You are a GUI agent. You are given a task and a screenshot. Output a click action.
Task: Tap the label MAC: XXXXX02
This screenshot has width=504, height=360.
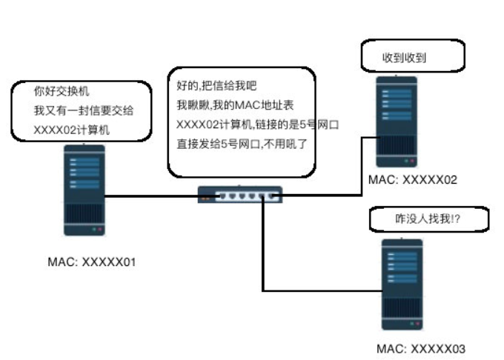tap(413, 180)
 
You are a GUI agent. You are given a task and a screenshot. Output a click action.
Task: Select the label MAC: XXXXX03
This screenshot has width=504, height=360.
tap(421, 348)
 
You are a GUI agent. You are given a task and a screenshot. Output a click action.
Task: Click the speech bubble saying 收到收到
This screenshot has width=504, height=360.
tap(411, 56)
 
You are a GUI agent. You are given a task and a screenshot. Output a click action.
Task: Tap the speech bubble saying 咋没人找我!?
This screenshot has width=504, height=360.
tap(420, 219)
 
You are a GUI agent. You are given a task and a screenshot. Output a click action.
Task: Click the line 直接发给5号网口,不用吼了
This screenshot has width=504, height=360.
tap(242, 143)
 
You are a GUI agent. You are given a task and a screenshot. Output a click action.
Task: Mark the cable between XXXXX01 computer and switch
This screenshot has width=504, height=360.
tap(152, 196)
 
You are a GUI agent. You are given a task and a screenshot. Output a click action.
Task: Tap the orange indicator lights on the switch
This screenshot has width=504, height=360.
tap(205, 199)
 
